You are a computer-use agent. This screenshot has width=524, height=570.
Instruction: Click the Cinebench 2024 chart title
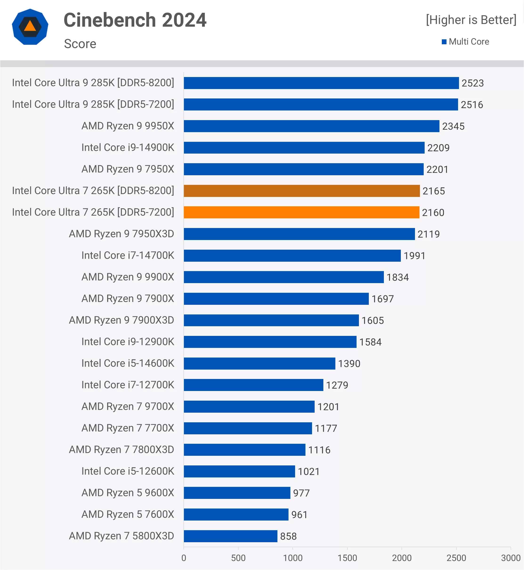(135, 20)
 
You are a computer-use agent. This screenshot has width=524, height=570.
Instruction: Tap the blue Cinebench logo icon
(30, 27)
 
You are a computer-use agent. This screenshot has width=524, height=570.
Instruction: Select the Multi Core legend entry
(465, 42)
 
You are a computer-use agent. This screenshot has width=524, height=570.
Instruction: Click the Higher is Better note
(471, 20)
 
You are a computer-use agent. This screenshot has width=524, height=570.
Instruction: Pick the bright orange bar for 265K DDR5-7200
(301, 212)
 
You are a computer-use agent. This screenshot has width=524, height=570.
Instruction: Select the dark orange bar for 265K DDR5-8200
(301, 191)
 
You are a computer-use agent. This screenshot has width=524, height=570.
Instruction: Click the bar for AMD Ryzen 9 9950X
(311, 126)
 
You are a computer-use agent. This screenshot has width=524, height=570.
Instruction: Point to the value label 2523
(472, 83)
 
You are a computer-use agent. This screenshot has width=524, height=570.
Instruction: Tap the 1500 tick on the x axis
(347, 558)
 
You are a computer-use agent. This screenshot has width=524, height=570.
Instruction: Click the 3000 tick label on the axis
(510, 558)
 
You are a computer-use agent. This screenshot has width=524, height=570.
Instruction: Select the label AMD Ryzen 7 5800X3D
(121, 536)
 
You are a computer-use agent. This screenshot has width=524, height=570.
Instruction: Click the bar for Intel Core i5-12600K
(239, 471)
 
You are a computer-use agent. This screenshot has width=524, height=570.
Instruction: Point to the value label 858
(288, 536)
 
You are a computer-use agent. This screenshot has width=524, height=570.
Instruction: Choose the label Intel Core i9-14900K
(128, 147)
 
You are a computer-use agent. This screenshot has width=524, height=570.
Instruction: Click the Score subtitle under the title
(80, 44)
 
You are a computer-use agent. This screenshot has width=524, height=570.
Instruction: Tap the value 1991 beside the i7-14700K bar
(414, 256)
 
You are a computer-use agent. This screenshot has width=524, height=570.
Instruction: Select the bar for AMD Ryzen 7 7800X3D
(244, 450)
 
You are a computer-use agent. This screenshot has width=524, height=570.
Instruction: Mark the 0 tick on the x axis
(184, 558)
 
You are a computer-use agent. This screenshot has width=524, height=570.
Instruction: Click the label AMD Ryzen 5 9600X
(128, 493)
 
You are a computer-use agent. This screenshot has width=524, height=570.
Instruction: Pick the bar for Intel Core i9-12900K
(270, 342)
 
